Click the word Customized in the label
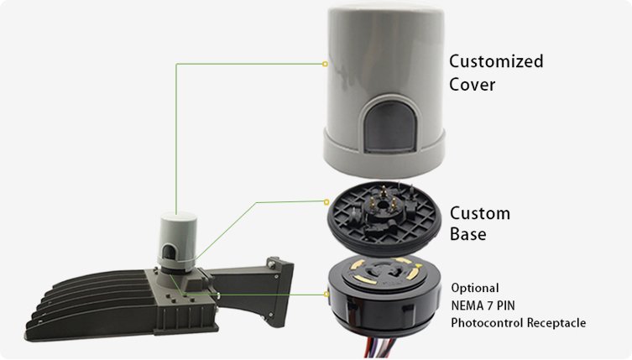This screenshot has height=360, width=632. (x=496, y=62)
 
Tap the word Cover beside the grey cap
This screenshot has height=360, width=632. (x=472, y=85)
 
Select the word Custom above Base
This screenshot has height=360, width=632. (x=480, y=214)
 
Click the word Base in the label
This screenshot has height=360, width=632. (x=468, y=234)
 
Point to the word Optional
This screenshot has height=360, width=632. (x=475, y=288)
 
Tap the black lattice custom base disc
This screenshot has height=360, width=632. (x=384, y=217)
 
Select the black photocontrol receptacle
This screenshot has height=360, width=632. (x=384, y=293)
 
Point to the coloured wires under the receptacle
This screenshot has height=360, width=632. (x=381, y=347)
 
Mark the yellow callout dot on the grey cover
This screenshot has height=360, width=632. (x=325, y=64)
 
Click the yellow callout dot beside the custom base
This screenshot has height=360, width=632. (x=326, y=201)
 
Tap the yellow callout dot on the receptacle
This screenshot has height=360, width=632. (x=326, y=295)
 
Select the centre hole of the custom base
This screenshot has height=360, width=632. (x=392, y=206)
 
